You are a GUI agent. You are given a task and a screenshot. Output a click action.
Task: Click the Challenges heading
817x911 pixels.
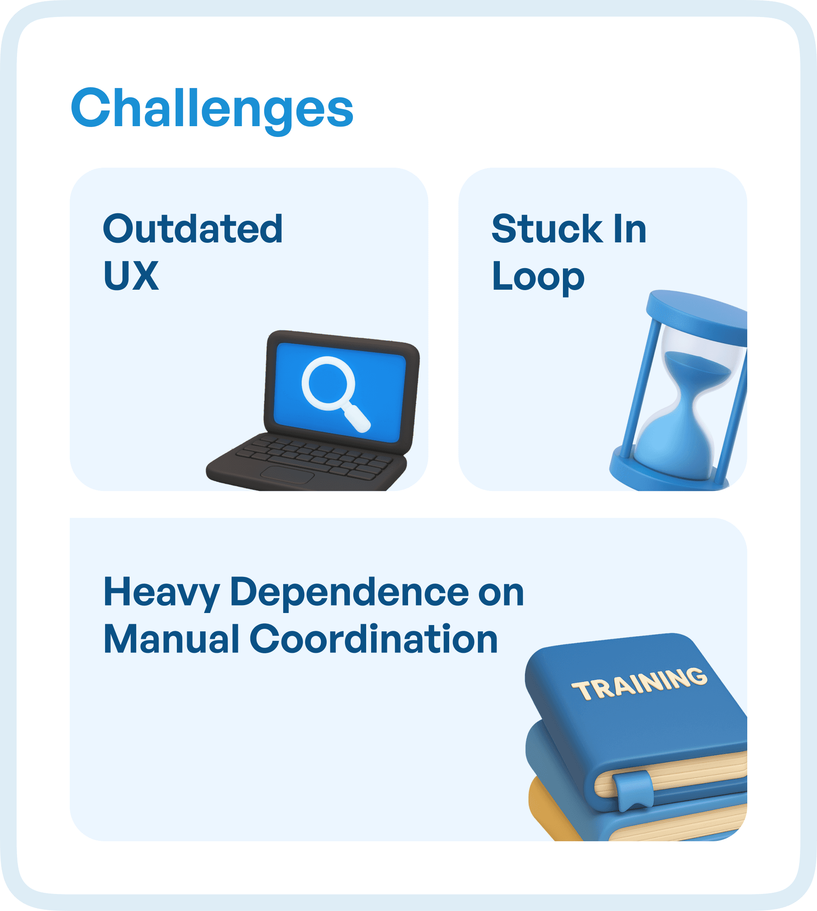(212, 109)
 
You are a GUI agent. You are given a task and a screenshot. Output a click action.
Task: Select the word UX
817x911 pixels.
(131, 276)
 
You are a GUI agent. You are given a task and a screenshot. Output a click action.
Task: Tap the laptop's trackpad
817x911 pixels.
(287, 474)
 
